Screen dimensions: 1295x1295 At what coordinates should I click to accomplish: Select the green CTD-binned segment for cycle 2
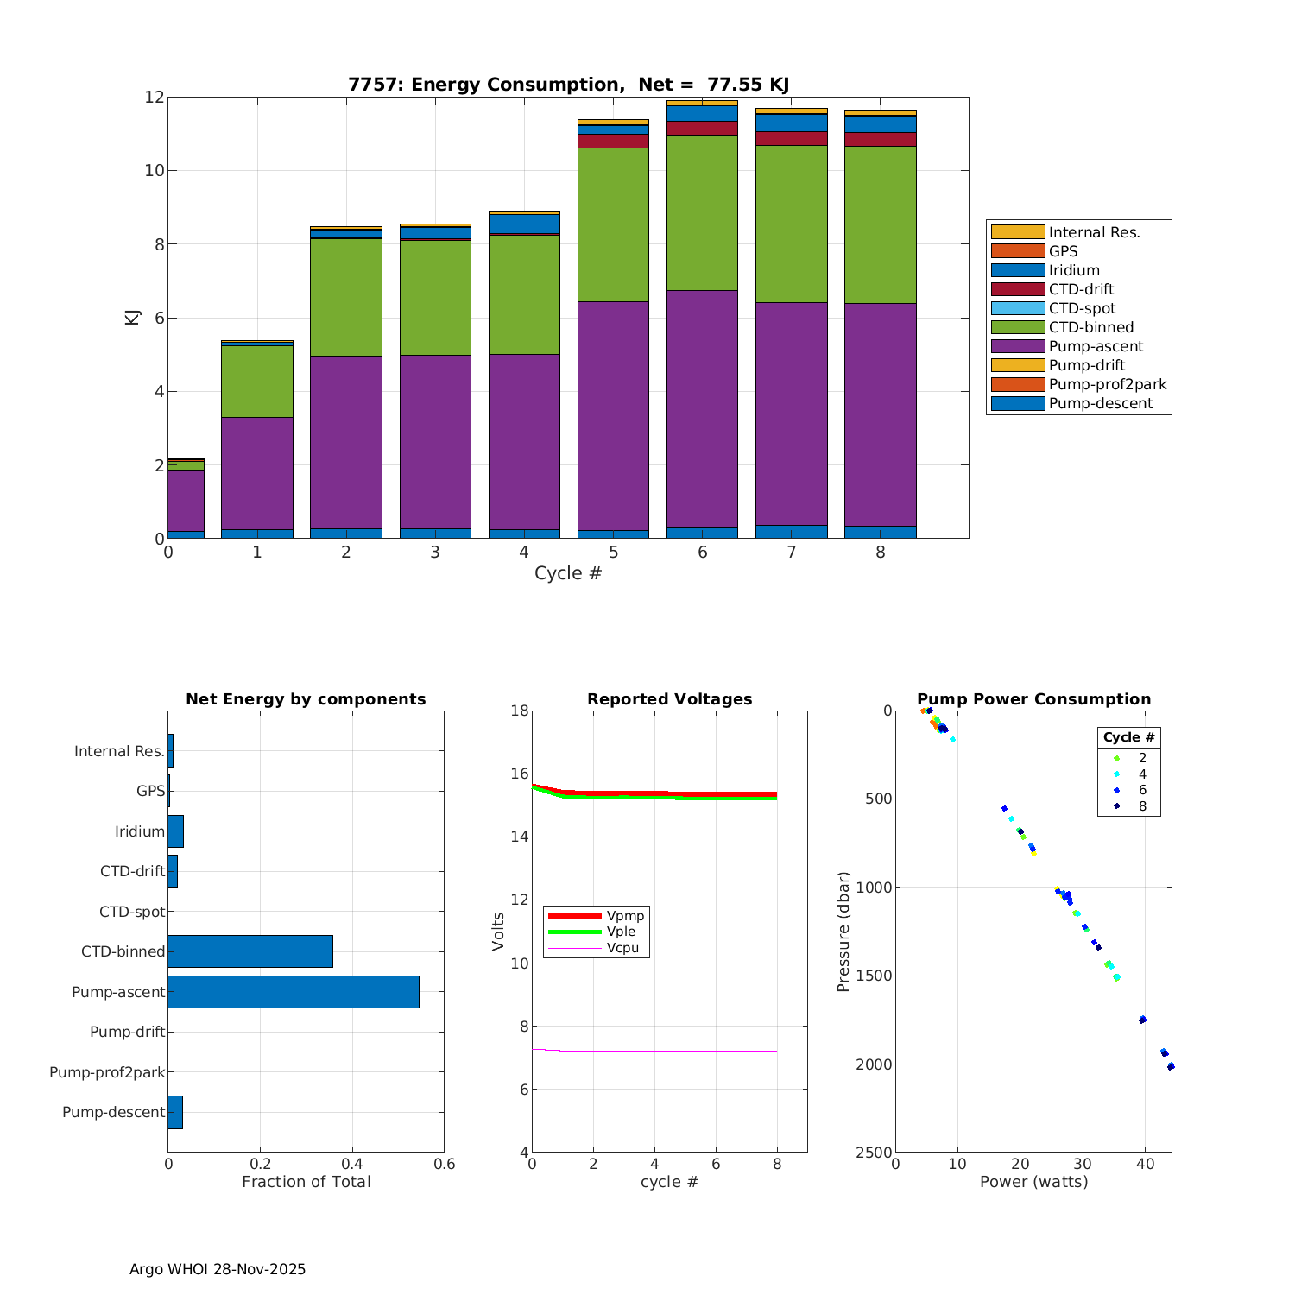tap(345, 297)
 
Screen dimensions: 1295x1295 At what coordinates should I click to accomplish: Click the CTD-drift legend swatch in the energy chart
tap(1017, 289)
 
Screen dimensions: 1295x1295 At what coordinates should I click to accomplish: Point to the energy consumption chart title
tap(568, 85)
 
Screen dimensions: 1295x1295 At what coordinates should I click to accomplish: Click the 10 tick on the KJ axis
tap(155, 170)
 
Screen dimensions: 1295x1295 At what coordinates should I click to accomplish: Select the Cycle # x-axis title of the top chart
tap(568, 573)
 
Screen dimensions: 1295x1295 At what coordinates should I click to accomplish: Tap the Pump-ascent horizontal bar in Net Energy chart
tap(294, 992)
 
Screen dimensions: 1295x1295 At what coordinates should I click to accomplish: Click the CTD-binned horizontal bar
tap(250, 951)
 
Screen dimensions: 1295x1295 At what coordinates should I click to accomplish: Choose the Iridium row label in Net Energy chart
tap(140, 831)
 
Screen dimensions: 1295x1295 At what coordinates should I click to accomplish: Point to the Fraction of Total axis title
tap(306, 1182)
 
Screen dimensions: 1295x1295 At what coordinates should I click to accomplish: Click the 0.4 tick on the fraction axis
tap(352, 1164)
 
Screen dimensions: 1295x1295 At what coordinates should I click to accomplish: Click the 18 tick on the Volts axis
tap(519, 711)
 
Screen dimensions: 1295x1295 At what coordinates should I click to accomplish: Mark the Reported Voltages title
tap(669, 699)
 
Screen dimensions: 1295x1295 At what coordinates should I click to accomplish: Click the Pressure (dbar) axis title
tap(843, 932)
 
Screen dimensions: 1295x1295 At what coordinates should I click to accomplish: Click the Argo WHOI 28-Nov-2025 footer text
tap(218, 1269)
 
